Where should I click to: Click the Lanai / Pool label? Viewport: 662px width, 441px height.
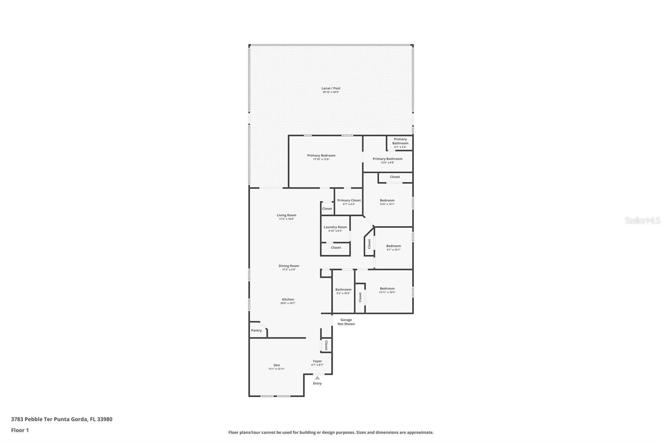pos(331,88)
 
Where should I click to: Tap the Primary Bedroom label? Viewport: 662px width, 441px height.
pos(321,156)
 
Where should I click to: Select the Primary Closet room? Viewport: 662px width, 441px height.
pos(349,201)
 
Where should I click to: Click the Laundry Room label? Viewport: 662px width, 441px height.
pos(335,227)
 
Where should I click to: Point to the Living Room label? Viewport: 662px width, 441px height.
pos(286,215)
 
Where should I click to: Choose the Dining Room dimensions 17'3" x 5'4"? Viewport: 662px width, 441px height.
pos(288,270)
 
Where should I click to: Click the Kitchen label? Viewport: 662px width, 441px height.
pos(288,300)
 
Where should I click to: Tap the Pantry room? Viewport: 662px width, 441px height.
pos(256,331)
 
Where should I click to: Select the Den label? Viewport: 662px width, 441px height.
pos(276,365)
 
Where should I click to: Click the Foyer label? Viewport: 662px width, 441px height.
pos(317,361)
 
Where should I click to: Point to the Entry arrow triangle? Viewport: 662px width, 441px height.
pos(317,378)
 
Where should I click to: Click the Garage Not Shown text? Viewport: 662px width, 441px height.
pos(346,322)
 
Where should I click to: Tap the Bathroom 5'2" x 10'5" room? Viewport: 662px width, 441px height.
pos(343,291)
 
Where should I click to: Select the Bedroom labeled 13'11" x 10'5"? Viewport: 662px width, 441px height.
pos(387,290)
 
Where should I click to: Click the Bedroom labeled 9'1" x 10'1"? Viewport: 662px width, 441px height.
pos(393,247)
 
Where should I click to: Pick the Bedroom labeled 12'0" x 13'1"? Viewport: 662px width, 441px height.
pos(387,202)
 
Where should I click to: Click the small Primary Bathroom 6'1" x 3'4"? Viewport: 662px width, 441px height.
pos(400,142)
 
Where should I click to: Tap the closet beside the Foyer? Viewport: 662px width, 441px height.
pos(326,345)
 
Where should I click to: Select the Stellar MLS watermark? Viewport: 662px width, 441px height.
pos(642,221)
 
